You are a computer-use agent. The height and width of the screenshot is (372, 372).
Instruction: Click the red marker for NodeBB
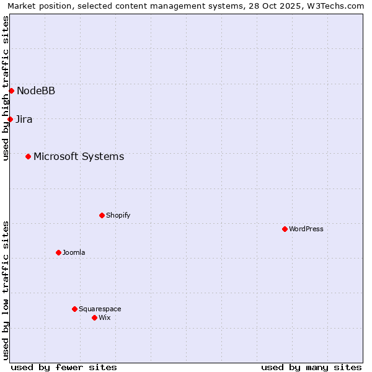tap(11, 91)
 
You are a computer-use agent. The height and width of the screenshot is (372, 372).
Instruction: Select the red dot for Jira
tap(10, 119)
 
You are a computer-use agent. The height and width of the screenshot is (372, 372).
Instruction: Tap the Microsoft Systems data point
tap(28, 156)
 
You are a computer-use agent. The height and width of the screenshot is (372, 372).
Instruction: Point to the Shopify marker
tap(102, 215)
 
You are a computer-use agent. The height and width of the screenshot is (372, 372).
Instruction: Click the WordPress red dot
tap(285, 229)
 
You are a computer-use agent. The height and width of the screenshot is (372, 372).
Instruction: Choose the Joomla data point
tap(58, 252)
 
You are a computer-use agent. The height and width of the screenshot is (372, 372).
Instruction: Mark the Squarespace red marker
tap(74, 309)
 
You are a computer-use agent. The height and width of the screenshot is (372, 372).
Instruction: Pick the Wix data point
tap(94, 317)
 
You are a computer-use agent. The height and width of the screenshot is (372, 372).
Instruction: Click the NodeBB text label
tap(36, 91)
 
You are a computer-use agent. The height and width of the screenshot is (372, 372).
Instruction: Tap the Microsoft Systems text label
tap(79, 157)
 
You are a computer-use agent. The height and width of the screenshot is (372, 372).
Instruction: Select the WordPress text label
tap(306, 229)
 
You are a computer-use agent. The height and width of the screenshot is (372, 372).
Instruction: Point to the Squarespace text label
tap(100, 309)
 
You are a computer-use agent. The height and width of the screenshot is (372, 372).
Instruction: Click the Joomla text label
tap(74, 253)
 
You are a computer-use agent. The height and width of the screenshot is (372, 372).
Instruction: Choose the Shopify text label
tap(118, 216)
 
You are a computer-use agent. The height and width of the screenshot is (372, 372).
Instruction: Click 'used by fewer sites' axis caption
tap(64, 367)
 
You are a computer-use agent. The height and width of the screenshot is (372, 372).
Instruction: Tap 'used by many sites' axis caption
tap(311, 367)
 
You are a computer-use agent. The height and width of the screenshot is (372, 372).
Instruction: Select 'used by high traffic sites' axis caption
tap(6, 88)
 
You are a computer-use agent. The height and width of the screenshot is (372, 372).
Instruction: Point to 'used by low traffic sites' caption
tap(6, 290)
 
